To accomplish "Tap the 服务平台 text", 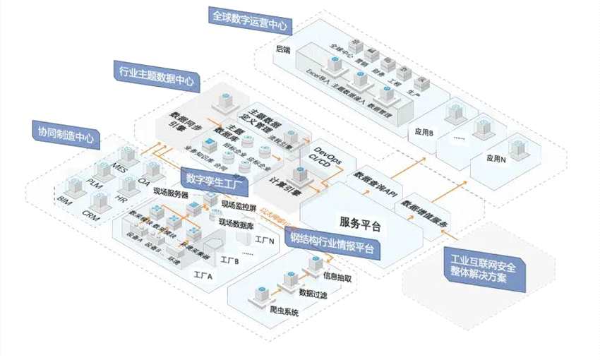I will (x=360, y=226).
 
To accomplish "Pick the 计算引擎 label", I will (x=286, y=188).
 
